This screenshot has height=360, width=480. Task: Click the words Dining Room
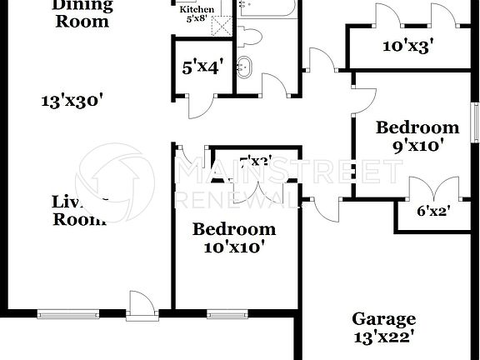(82, 13)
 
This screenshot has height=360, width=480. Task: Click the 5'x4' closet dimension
(201, 67)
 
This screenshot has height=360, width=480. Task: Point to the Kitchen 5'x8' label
(197, 12)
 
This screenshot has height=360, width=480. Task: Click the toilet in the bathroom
(250, 36)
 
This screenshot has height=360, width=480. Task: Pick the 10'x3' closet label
(407, 46)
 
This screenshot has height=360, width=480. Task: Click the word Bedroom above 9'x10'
(417, 127)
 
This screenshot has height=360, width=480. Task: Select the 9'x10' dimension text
(417, 145)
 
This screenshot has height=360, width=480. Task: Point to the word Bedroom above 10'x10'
(233, 229)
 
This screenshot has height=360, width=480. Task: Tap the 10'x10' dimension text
(233, 247)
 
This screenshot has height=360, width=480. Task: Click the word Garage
(383, 319)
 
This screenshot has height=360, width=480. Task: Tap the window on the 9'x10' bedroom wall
(475, 125)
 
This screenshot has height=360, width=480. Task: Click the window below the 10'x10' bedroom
(221, 314)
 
